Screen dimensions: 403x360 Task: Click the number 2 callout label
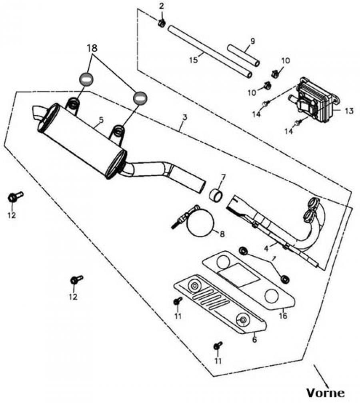(162, 6)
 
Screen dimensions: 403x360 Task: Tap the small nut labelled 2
(162, 23)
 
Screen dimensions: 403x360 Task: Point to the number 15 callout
(194, 60)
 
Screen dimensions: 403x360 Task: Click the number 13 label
(349, 111)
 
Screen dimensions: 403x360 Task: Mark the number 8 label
(222, 234)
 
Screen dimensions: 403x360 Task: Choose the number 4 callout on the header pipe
(266, 248)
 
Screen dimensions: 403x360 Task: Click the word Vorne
(325, 392)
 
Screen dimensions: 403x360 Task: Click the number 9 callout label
(252, 40)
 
